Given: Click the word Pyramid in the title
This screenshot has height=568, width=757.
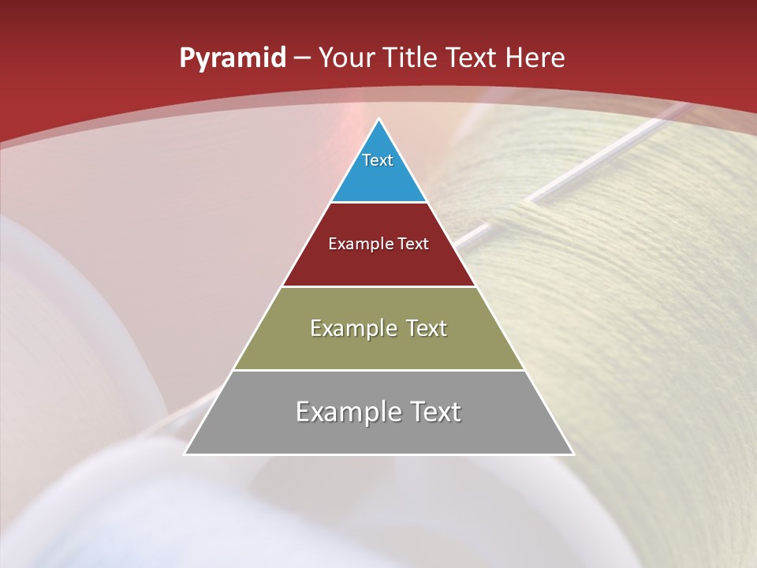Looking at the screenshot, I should coord(232,58).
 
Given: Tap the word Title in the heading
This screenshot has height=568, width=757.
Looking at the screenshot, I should coord(411,58).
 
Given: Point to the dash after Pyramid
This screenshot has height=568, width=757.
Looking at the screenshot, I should coord(302,58).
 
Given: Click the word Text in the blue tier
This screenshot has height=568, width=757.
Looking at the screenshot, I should coord(378,160).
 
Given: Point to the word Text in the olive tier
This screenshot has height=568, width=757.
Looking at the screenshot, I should coord(427,328).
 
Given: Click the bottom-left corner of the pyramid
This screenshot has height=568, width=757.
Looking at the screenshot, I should coord(185,454).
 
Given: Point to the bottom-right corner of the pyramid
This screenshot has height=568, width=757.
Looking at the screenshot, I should coord(573,454).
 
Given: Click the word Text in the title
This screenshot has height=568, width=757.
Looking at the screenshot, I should coord(472,58).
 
